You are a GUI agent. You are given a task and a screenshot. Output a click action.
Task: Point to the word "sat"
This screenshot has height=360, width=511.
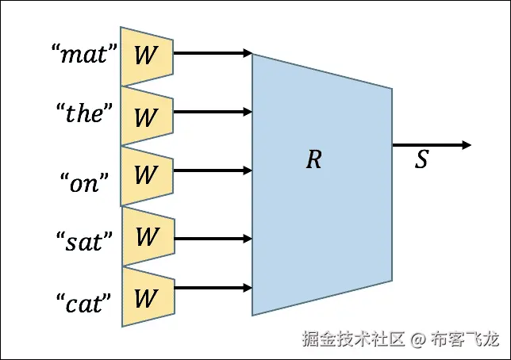[85, 240]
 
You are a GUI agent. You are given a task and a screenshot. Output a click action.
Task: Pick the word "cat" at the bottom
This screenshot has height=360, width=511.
[85, 301]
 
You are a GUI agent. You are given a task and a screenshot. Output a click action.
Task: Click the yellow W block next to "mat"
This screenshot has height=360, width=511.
[146, 56]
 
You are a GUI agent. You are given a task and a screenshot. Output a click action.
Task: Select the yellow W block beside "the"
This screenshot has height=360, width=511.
[146, 116]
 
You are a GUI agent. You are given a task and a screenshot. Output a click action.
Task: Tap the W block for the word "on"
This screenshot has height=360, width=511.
[146, 175]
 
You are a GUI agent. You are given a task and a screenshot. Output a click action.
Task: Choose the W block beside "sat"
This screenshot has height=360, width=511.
[146, 236]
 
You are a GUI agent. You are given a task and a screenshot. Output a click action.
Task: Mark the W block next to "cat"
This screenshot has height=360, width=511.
[146, 297]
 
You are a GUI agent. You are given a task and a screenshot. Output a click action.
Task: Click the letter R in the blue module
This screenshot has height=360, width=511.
[314, 159]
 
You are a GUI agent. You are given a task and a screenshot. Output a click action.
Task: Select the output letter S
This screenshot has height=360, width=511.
[421, 160]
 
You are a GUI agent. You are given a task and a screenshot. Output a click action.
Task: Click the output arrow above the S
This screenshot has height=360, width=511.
[432, 145]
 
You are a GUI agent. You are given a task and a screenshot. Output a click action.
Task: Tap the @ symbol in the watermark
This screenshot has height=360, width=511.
[418, 340]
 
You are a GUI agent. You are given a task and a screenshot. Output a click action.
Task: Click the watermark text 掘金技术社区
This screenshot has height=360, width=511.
[353, 340]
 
